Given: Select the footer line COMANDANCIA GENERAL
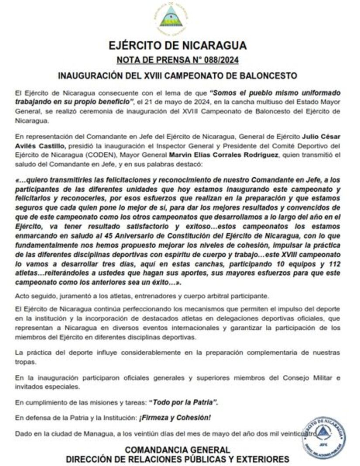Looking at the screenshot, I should click(177, 450).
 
